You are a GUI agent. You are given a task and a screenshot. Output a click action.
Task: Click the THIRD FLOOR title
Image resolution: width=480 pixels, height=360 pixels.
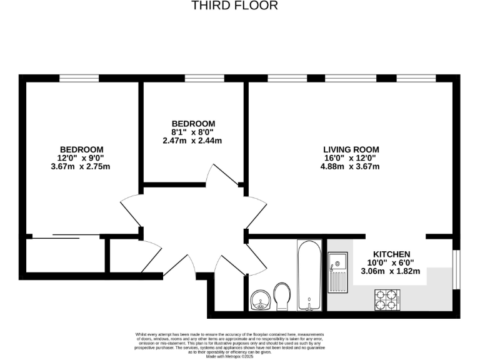tap(234, 6)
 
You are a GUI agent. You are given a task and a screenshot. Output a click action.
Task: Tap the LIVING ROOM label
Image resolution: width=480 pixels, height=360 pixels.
tap(351, 149)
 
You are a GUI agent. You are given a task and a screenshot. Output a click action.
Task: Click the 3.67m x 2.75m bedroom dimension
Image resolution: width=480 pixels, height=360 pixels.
tap(81, 166)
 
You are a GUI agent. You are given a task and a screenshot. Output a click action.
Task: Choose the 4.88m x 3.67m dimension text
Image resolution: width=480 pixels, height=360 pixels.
tap(351, 166)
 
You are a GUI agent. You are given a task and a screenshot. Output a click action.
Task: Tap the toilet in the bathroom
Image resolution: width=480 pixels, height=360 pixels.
tap(282, 294)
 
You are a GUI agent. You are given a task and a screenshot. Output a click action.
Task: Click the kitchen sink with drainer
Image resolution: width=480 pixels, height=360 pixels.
tap(338, 272)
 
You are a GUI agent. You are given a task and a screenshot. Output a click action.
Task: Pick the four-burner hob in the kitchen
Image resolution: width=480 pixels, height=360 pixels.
tap(387, 299)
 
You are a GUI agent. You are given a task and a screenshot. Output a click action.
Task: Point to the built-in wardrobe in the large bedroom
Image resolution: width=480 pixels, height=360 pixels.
tap(62, 256)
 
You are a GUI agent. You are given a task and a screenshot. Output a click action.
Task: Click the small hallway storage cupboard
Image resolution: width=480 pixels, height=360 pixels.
tap(122, 256)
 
